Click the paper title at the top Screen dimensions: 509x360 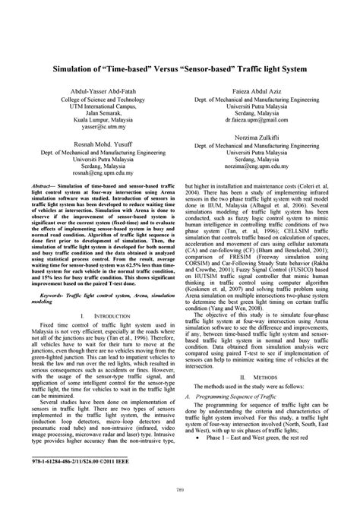coord(179,67)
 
